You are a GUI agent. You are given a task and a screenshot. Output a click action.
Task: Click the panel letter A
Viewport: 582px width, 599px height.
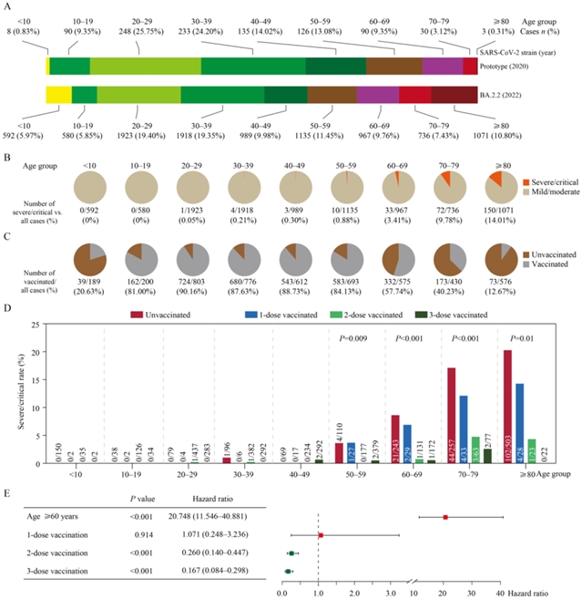coord(8,7)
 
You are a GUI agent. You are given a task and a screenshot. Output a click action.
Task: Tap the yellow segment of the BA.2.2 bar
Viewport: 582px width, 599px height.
coord(57,95)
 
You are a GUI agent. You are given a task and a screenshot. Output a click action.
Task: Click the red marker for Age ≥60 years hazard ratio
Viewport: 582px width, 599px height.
coord(445,517)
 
